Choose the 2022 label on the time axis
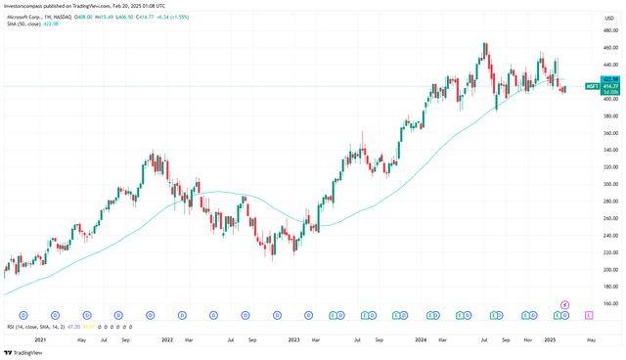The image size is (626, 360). tap(167, 339)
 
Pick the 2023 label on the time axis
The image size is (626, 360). tap(293, 339)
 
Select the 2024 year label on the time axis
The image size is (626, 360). tap(421, 339)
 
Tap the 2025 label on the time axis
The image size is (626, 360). tap(549, 339)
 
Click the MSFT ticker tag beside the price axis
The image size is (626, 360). tap(593, 86)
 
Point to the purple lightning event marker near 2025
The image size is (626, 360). tap(564, 305)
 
